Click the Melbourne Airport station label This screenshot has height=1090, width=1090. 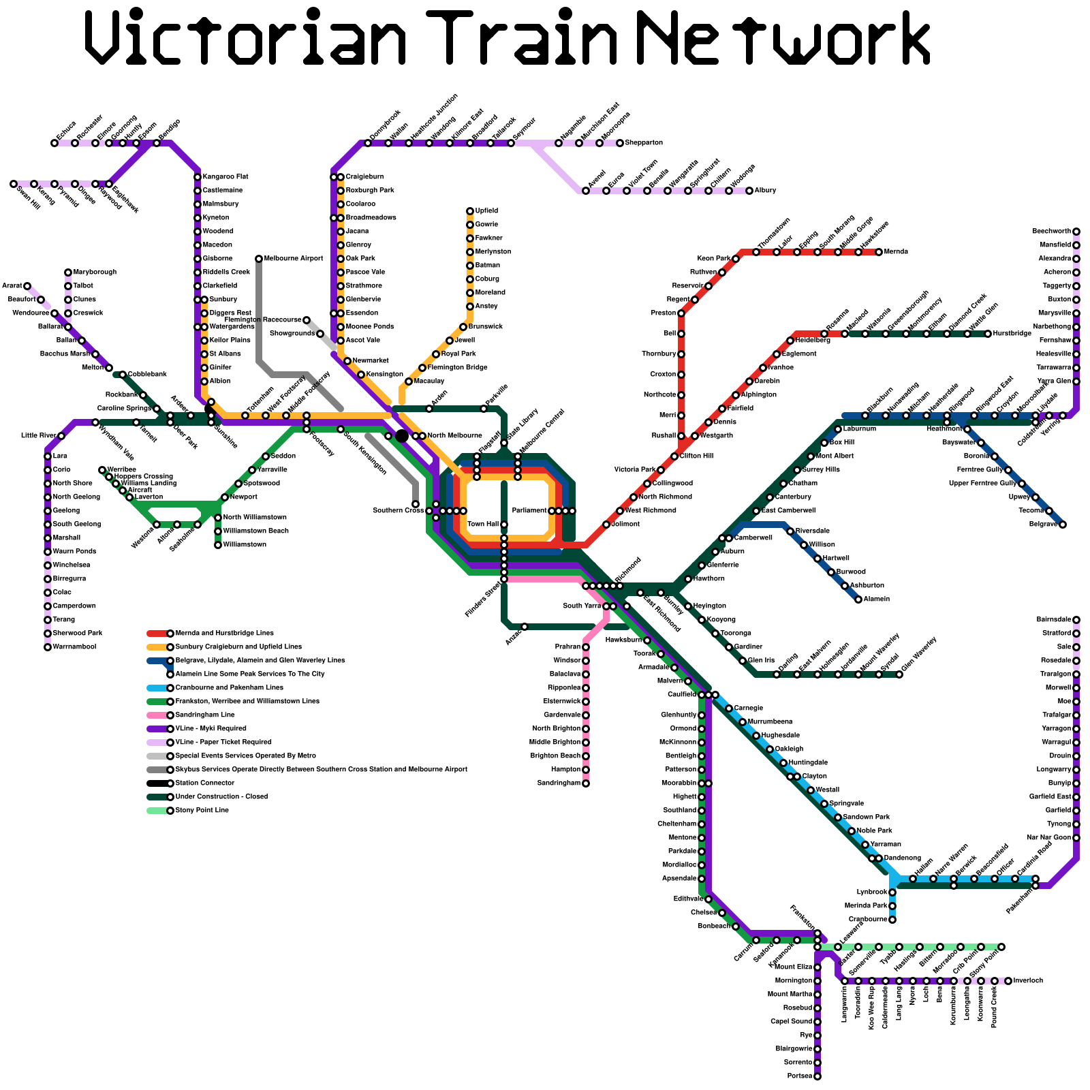[294, 259]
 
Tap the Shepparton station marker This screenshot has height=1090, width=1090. [620, 143]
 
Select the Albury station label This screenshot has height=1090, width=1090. [765, 191]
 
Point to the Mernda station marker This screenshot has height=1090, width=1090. [879, 252]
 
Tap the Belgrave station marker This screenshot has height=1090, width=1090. [1063, 525]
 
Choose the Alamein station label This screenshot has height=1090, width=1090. [876, 599]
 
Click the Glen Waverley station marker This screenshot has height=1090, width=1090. [899, 674]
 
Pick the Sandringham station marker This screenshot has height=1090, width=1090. [586, 783]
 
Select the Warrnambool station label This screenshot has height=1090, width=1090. [74, 647]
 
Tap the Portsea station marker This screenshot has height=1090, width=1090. [817, 1076]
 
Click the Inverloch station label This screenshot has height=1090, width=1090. [1028, 981]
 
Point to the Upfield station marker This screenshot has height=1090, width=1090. [470, 211]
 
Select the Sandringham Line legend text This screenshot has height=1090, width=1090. [205, 715]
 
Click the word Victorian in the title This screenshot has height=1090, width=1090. [245, 37]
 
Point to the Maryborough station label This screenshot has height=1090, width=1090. [95, 272]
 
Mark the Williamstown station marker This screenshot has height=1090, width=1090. [218, 545]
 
